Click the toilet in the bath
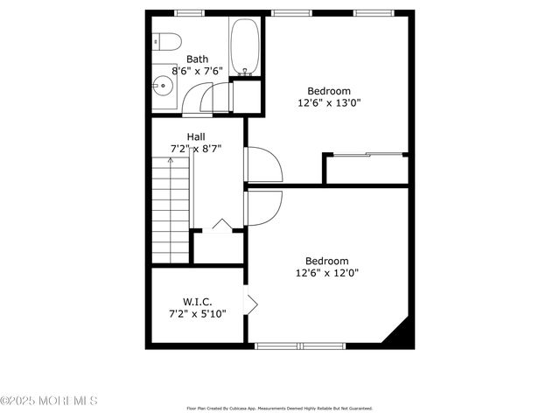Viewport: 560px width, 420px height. click(166, 42)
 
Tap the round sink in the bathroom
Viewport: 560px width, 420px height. click(162, 86)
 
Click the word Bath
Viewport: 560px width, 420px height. click(197, 59)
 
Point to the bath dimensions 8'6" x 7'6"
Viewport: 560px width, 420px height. click(197, 71)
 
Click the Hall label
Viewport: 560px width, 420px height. click(196, 136)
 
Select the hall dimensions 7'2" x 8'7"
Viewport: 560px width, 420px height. click(196, 149)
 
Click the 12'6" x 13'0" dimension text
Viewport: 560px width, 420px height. click(328, 102)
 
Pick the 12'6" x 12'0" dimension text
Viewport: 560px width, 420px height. click(326, 272)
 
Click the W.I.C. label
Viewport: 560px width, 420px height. click(197, 301)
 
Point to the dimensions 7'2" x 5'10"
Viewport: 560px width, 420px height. click(197, 313)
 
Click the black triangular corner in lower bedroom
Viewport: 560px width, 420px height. click(399, 333)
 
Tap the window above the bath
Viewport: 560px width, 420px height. click(188, 13)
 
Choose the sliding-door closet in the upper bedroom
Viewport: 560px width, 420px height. click(366, 169)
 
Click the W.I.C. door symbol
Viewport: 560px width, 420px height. click(251, 304)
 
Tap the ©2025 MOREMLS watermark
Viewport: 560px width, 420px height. click(49, 401)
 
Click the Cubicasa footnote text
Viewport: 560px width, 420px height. click(280, 408)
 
